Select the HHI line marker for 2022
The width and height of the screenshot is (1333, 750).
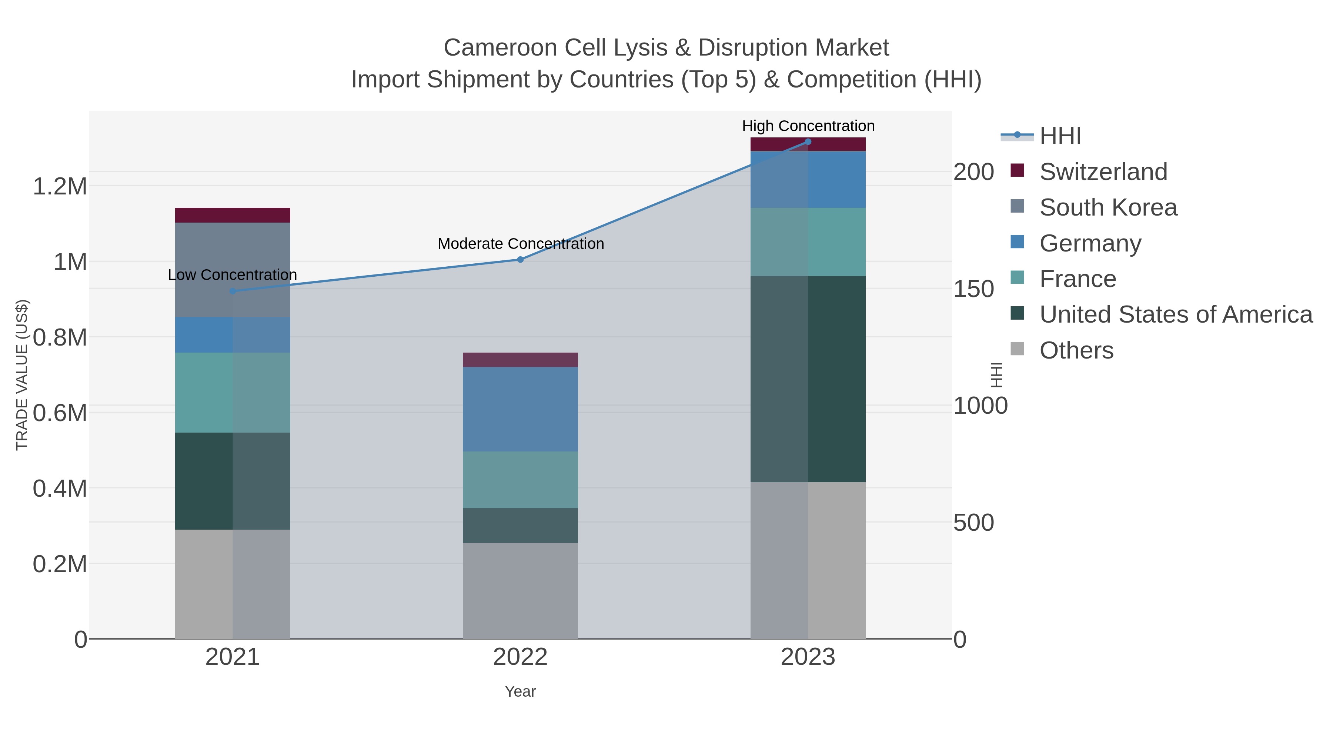coord(520,259)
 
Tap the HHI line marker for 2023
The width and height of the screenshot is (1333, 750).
coord(808,142)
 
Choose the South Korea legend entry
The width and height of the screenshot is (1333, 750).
coord(1108,207)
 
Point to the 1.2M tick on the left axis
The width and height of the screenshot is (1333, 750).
coord(60,186)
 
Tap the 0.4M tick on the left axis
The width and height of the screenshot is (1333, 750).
coord(60,489)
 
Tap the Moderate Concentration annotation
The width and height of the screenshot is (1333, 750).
coord(521,244)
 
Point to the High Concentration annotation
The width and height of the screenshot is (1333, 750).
coord(808,126)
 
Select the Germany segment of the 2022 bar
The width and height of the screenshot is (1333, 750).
coord(520,409)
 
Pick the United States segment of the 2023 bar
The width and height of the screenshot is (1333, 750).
coord(808,379)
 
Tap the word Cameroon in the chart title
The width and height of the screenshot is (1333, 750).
coord(500,48)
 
